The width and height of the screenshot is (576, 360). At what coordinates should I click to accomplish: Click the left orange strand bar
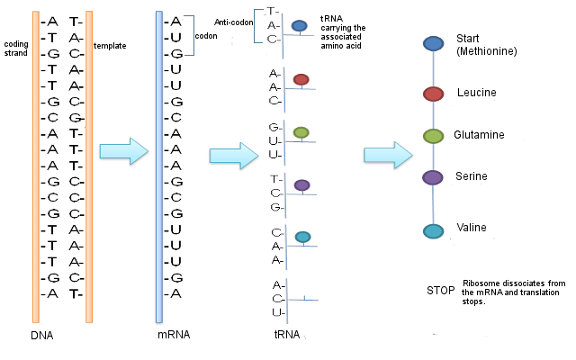point(36,166)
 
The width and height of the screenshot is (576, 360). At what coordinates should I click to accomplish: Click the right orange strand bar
point(89,166)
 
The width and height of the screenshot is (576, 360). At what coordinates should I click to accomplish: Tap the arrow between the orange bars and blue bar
point(122,152)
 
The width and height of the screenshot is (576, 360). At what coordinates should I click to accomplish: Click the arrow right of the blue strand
point(233,157)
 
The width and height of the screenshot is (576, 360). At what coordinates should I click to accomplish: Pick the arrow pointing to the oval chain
point(388,156)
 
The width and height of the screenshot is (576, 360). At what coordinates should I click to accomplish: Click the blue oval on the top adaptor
point(299,26)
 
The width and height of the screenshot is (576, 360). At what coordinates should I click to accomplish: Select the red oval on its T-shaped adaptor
point(301,79)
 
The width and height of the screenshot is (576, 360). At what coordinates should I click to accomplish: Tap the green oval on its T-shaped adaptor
point(301,132)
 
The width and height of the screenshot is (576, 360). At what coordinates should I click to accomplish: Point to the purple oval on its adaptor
point(301,184)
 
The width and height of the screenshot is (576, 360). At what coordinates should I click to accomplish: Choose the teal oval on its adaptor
point(302,237)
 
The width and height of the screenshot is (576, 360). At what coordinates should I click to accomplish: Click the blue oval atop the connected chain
point(433,43)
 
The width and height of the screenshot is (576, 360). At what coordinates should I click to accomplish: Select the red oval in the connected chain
point(433,94)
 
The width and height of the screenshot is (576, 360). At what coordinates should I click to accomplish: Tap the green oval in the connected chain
point(433,136)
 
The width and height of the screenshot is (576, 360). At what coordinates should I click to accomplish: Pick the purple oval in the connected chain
point(433,177)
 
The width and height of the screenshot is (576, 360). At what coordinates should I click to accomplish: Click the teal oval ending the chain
point(433,231)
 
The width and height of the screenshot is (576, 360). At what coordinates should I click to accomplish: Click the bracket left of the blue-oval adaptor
point(258,25)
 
